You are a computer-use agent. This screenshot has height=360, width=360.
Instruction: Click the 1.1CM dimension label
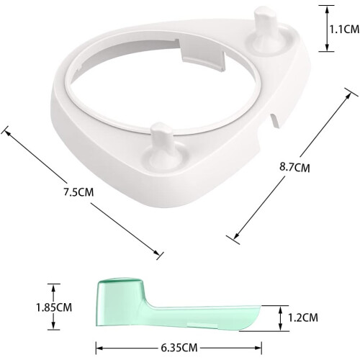coord(344,30)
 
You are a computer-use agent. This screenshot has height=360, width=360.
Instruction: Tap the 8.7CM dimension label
coord(294,167)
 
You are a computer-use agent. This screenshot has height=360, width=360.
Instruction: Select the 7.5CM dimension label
coord(78,192)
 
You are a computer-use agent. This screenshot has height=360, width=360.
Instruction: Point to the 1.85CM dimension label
coord(54,307)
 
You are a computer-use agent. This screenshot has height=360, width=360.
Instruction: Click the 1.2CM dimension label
coord(303,318)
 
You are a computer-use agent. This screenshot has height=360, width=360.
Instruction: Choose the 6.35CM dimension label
coord(179,348)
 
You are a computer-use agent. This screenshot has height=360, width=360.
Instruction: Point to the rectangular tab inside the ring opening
coord(203,58)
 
